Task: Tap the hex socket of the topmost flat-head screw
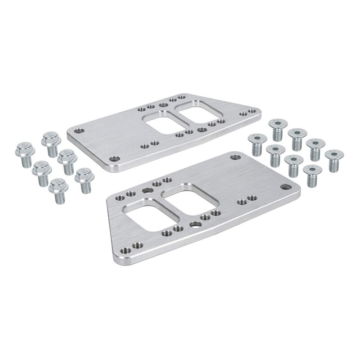pyautogui.click(x=278, y=124)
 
